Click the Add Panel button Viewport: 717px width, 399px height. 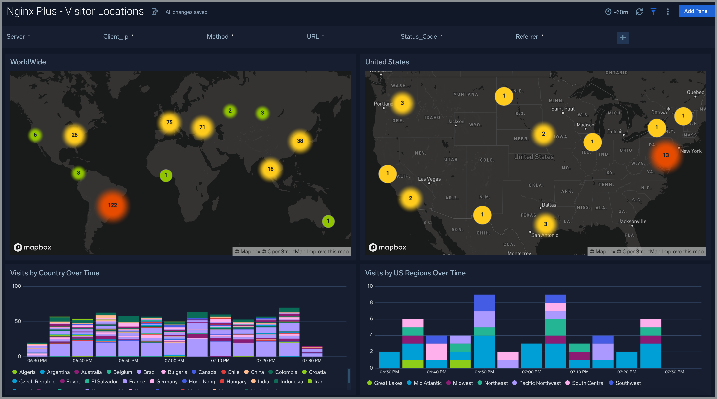[696, 11]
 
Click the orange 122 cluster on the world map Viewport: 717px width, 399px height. [112, 205]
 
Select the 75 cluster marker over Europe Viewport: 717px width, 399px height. [169, 122]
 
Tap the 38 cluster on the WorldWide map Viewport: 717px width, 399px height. [300, 141]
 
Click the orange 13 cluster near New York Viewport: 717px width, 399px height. [665, 155]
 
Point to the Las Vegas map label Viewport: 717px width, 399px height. [429, 179]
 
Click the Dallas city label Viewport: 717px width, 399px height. [549, 205]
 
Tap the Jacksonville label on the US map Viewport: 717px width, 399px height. [632, 221]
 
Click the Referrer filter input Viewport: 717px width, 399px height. [572, 37]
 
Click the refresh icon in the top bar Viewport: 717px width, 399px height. [639, 12]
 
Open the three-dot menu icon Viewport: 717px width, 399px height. [667, 12]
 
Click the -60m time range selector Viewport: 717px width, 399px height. [617, 12]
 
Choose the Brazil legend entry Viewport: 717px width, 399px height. [149, 372]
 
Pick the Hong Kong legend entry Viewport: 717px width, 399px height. [201, 381]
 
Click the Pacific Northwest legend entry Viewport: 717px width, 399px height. [539, 383]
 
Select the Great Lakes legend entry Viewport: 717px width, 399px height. [388, 383]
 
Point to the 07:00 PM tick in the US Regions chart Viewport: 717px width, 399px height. [531, 372]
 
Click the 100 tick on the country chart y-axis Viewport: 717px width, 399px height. [16, 286]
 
